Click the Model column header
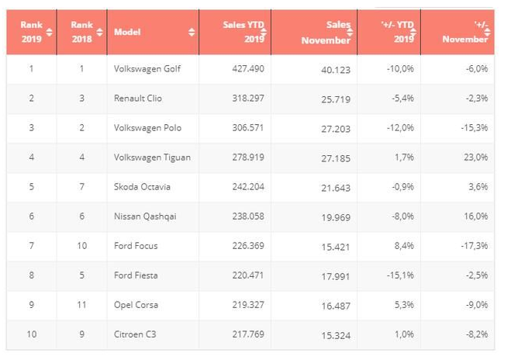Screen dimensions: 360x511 [x=127, y=32]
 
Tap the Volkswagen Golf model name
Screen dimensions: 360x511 [x=147, y=69]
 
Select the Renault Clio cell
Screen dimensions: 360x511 [x=138, y=99]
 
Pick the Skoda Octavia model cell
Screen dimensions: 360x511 [x=142, y=187]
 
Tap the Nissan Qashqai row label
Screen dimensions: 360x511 [x=144, y=216]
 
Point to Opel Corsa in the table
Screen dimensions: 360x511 [x=136, y=305]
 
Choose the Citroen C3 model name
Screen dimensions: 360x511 [x=136, y=334]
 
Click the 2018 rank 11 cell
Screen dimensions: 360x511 [x=81, y=305]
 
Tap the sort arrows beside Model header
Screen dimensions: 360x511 [x=192, y=33]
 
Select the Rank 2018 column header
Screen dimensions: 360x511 [x=81, y=32]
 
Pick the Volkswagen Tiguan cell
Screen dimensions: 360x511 [x=152, y=157]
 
